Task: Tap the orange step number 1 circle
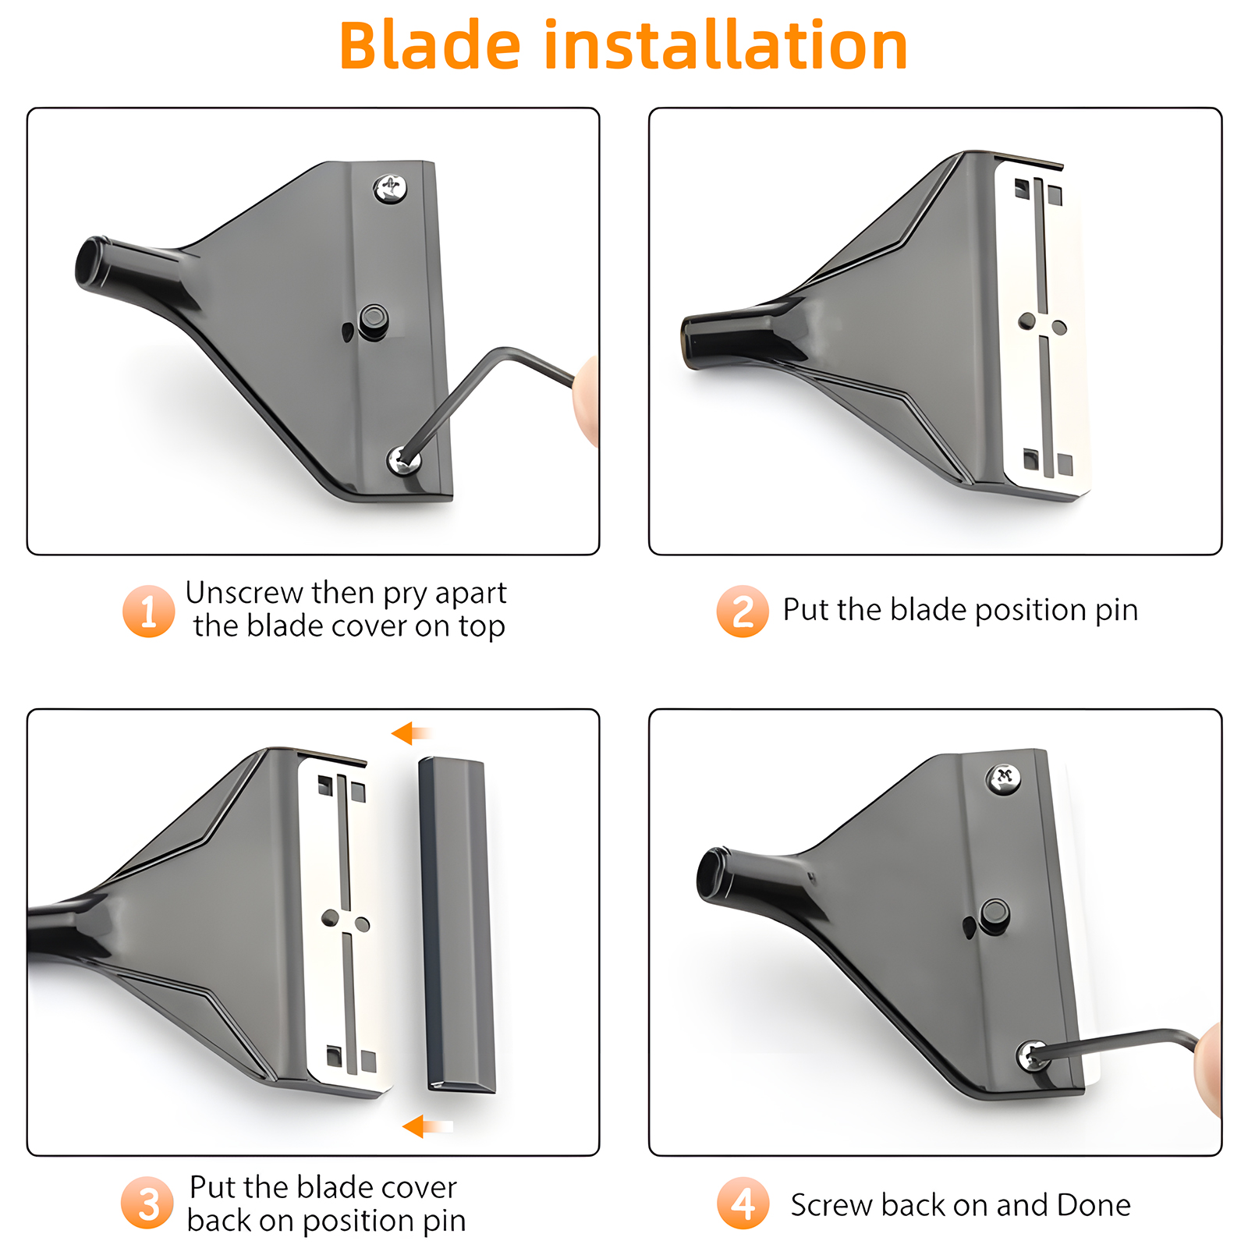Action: click(148, 611)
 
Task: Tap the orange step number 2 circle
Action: click(743, 611)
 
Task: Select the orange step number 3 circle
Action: click(147, 1203)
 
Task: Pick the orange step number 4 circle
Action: click(743, 1203)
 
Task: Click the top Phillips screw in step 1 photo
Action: click(390, 188)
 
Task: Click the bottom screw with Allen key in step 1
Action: click(403, 460)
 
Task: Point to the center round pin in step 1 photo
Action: click(374, 319)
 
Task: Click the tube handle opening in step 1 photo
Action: click(90, 264)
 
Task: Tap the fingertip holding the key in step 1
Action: click(587, 400)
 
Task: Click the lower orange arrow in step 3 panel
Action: click(426, 1126)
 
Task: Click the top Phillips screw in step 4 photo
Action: click(1004, 778)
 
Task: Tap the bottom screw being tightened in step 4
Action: click(1033, 1056)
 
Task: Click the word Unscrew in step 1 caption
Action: click(245, 593)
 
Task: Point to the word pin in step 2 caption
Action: click(1116, 610)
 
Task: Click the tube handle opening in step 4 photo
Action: click(711, 875)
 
